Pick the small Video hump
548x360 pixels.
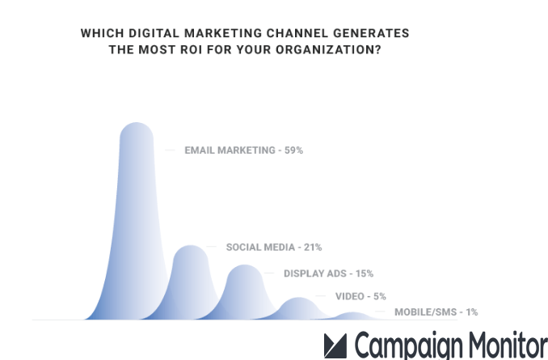tap(298, 308)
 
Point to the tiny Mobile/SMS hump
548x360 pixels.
tap(351, 316)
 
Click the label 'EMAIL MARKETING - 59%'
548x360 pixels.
tap(243, 150)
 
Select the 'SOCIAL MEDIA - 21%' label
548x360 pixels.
tap(273, 248)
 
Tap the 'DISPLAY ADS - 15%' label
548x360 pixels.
tap(328, 273)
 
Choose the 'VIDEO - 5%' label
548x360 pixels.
tap(360, 297)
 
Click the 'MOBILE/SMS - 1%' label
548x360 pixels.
tap(436, 312)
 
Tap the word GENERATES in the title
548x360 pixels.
tap(374, 33)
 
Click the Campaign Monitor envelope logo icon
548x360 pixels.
tap(335, 345)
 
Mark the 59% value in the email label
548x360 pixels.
tap(293, 150)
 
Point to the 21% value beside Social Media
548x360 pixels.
tap(312, 248)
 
